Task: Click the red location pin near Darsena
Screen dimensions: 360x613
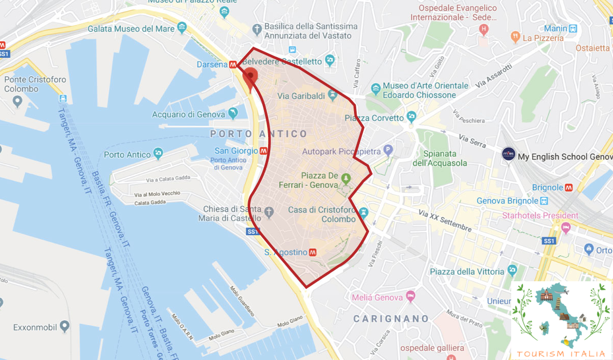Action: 250,78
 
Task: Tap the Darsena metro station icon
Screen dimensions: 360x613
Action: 233,65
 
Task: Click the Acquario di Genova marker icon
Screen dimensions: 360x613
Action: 233,112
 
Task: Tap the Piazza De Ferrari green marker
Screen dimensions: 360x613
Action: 346,178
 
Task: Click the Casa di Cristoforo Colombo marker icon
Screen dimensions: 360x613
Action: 364,211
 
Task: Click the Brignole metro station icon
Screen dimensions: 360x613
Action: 568,188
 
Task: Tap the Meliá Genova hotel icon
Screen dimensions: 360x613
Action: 410,296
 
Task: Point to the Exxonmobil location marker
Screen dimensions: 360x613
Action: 64,326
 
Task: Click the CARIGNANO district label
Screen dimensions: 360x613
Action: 391,319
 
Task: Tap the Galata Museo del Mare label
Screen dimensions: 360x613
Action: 131,29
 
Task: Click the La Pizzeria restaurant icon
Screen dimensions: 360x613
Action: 515,36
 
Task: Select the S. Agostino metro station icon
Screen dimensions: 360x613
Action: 313,252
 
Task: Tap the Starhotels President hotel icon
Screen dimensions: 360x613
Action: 566,227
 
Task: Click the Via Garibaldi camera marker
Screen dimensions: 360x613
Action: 333,95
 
